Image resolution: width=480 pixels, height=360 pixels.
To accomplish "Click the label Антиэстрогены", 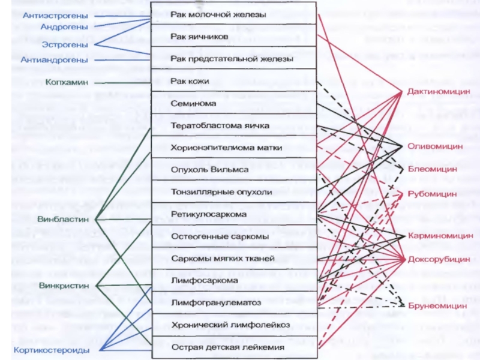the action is pos(55,16).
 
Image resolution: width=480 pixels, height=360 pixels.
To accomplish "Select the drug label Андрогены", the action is pos(64,27).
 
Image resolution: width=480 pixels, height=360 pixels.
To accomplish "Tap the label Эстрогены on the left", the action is pos(65,44).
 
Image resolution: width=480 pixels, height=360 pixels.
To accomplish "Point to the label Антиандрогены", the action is pos(54,59).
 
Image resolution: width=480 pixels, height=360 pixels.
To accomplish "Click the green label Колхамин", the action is pos(67,82).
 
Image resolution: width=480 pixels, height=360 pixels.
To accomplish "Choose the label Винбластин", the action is pos(63,219).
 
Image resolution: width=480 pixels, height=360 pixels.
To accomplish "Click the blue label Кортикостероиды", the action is pos(52,350).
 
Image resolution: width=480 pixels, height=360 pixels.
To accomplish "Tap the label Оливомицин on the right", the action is pos(435,146).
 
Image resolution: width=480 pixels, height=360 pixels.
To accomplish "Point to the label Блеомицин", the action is pos(432,169).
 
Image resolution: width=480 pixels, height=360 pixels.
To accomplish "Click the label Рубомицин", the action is pos(432,194).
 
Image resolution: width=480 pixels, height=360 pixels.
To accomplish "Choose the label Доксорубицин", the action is pos(439,259).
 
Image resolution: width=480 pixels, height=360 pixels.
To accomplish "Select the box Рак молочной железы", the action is pos(234,14).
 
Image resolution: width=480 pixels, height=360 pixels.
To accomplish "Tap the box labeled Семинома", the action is pos(234,103).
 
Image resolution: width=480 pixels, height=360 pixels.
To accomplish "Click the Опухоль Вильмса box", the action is pos(234,169).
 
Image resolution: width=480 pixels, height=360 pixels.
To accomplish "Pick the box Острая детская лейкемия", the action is pos(234,347).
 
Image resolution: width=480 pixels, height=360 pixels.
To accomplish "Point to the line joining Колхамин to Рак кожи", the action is pos(123,83).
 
